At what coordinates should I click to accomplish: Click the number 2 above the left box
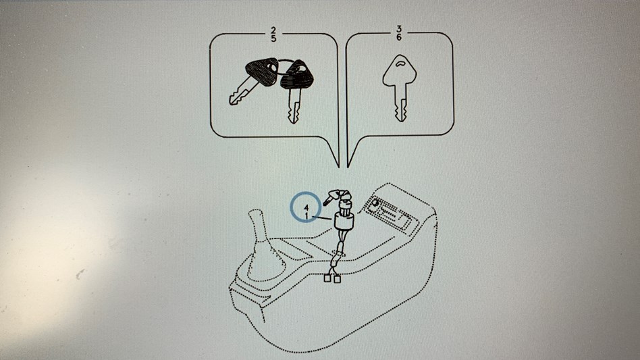point(273,30)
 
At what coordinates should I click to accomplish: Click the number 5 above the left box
point(273,38)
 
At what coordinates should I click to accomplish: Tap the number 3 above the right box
point(399,30)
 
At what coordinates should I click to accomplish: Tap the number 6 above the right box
point(399,37)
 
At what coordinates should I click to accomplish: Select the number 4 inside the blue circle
point(306,207)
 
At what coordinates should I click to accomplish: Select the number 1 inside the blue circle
point(306,214)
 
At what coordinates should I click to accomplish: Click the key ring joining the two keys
point(282,66)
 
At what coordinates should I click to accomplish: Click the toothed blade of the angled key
point(240,93)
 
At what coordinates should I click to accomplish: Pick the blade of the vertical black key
point(294,105)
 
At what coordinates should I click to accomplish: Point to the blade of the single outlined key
point(400,103)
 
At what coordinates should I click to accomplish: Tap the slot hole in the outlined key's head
point(400,63)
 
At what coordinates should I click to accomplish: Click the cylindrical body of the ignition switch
point(344,221)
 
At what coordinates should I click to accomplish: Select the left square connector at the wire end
point(327,278)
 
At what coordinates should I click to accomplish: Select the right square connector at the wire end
point(337,279)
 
